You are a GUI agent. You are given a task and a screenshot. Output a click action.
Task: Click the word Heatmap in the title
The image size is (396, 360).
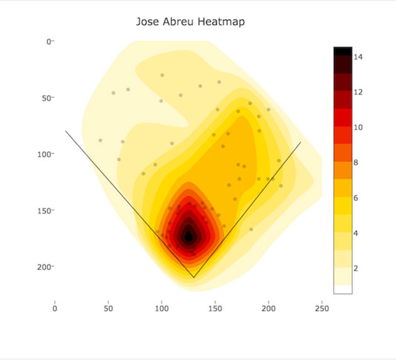tap(221, 22)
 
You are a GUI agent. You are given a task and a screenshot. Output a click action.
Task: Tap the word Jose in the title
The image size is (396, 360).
tap(147, 22)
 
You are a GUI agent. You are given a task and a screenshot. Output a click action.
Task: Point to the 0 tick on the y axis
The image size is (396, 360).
tap(49, 42)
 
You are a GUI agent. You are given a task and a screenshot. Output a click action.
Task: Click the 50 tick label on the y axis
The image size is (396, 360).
tap(47, 98)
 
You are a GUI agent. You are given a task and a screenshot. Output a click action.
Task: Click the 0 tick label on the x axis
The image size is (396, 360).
tap(55, 308)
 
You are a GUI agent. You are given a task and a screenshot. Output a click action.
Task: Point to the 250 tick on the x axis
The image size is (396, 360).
tap(322, 308)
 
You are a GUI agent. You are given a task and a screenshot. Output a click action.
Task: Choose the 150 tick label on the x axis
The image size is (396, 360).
tap(215, 308)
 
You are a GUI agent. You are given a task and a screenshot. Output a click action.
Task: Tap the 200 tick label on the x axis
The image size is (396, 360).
tap(268, 308)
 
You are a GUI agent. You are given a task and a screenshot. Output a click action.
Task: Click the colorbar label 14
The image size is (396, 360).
tap(358, 57)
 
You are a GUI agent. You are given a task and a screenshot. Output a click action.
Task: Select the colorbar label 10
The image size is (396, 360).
tap(358, 127)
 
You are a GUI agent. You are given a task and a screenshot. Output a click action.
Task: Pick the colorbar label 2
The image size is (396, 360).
tap(356, 269)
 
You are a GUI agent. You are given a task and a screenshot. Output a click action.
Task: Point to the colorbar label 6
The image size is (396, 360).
tap(356, 198)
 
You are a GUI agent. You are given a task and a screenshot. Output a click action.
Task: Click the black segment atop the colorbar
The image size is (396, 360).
tap(343, 51)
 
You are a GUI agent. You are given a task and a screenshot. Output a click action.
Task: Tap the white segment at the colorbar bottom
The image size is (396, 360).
tap(343, 289)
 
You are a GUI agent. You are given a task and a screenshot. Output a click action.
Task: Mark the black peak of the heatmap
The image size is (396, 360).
tap(188, 236)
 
